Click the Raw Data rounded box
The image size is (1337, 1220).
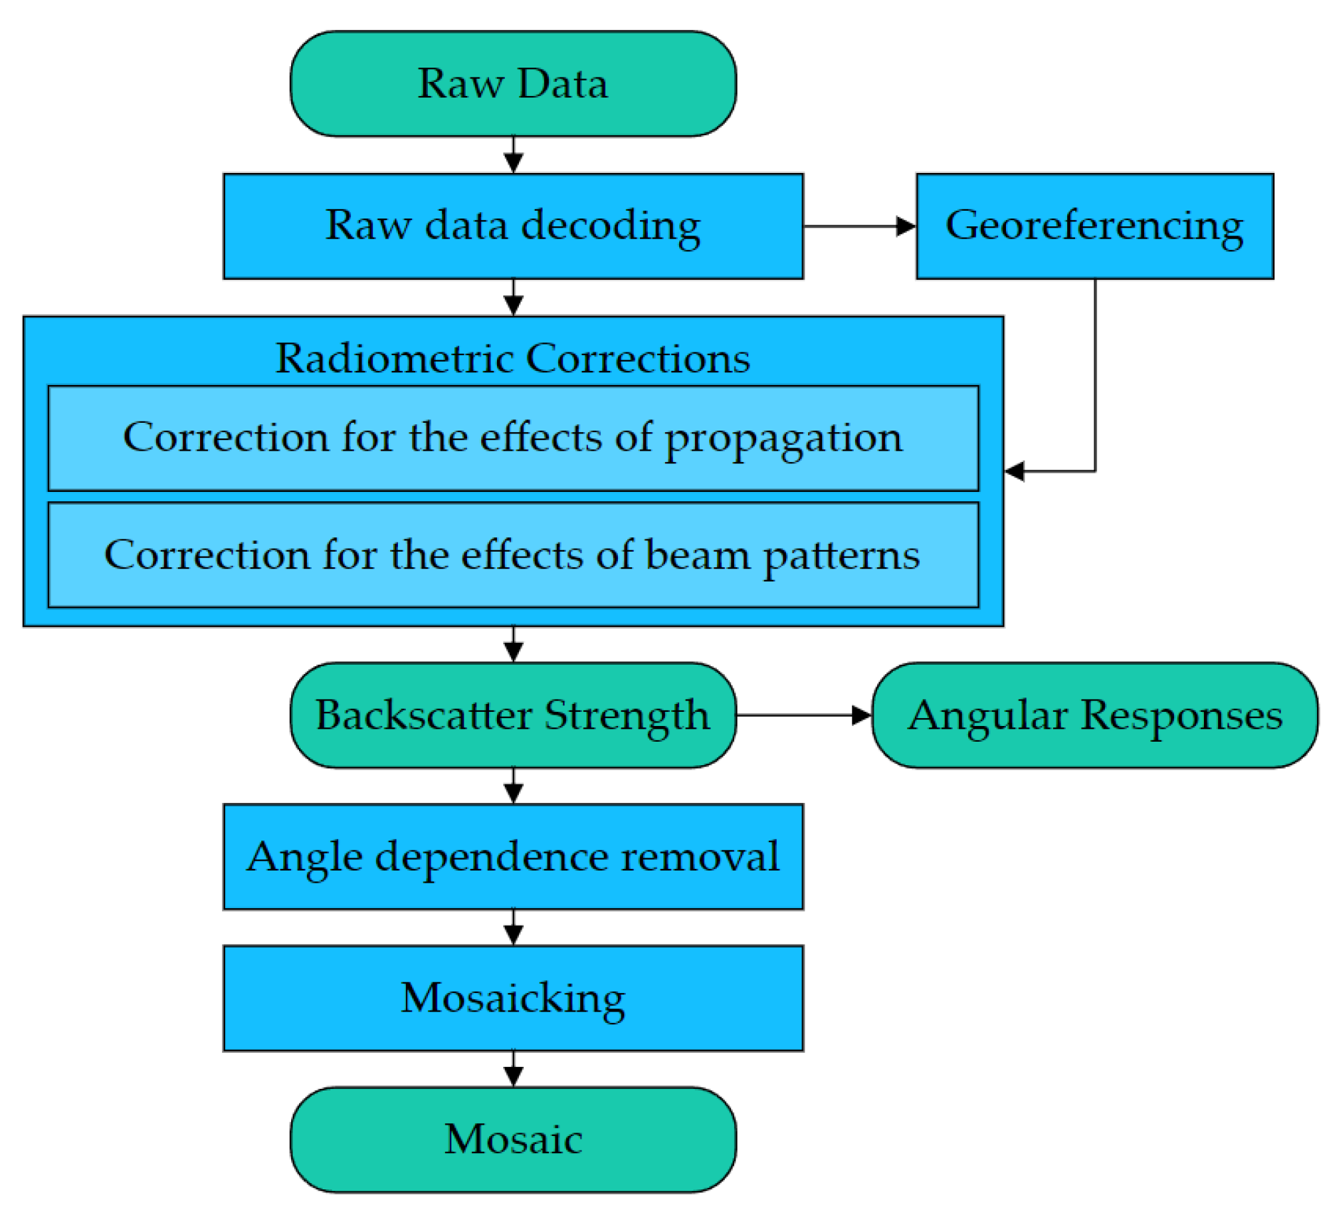(x=513, y=83)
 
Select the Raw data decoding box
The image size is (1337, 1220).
(x=513, y=226)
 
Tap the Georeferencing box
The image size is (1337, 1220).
(x=1094, y=226)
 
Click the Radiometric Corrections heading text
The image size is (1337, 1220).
(x=513, y=357)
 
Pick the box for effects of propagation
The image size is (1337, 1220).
(x=513, y=438)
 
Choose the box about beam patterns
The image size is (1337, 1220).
(x=513, y=554)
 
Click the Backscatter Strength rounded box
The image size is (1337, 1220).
(x=513, y=715)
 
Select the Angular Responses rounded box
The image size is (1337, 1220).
(x=1094, y=715)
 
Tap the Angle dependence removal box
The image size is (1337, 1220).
(x=513, y=856)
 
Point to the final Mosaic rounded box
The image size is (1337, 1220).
(x=513, y=1139)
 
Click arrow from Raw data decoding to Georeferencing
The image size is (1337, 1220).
(x=859, y=226)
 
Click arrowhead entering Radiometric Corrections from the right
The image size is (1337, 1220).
(x=1015, y=470)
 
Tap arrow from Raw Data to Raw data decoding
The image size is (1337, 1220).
(x=513, y=155)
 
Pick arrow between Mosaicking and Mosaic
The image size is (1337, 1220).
(x=513, y=1068)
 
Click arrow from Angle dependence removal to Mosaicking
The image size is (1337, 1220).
(x=513, y=927)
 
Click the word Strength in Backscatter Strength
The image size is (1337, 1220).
(x=626, y=716)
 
